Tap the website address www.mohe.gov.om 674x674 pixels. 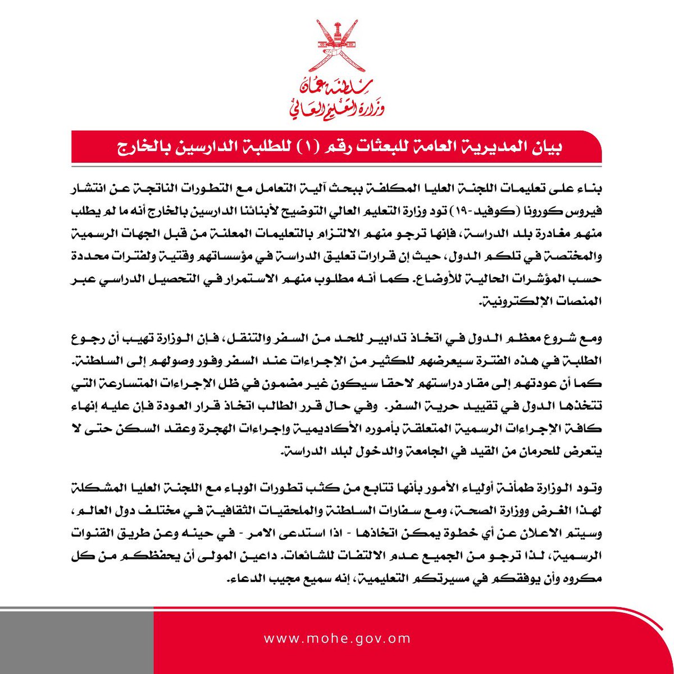[336, 639]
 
